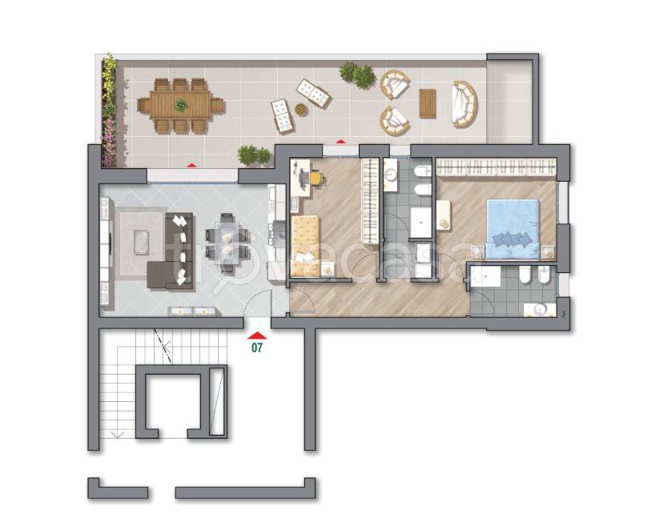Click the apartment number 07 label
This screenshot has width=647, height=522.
click(x=257, y=347)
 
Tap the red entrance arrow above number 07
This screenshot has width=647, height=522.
click(x=257, y=335)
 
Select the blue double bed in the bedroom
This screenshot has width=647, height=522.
click(x=513, y=230)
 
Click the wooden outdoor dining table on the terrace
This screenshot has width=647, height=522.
click(x=181, y=106)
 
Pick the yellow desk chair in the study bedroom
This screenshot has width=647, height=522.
click(x=316, y=179)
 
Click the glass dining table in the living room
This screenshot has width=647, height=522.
click(x=227, y=243)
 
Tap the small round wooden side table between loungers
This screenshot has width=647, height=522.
click(x=302, y=110)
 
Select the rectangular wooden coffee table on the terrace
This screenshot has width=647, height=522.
click(x=428, y=103)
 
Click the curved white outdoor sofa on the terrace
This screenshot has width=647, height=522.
click(x=465, y=104)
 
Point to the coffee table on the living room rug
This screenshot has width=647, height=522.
click(x=142, y=243)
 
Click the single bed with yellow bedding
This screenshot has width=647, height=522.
click(x=306, y=246)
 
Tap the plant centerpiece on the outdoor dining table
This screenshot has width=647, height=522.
click(x=181, y=105)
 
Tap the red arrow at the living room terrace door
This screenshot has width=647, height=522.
click(x=191, y=165)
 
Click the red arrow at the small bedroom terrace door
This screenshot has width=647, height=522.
click(x=341, y=142)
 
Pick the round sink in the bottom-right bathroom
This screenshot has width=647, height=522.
click(x=540, y=309)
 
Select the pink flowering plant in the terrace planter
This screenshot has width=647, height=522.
click(x=109, y=141)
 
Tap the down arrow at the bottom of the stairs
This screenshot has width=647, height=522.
click(x=117, y=434)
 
